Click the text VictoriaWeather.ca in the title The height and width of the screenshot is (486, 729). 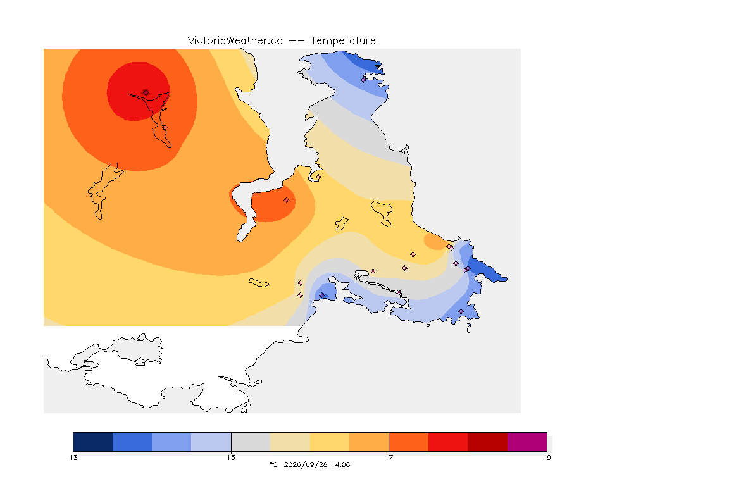click(235, 41)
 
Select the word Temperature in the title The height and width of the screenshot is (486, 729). click(343, 41)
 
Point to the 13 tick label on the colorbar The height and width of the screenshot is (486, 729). click(73, 458)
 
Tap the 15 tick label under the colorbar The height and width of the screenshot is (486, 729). click(231, 458)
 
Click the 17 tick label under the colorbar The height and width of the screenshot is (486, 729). click(389, 458)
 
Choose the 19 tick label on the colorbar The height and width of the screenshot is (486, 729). click(547, 458)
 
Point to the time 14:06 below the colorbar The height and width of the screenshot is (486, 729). click(340, 464)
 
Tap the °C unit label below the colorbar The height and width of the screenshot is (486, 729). click(273, 464)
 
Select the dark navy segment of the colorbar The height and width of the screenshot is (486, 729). click(93, 442)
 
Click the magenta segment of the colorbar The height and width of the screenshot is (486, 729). click(526, 442)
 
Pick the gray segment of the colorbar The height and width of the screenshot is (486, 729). click(251, 442)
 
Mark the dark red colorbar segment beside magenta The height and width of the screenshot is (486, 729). click(487, 442)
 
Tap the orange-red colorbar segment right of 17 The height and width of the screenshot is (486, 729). click(408, 442)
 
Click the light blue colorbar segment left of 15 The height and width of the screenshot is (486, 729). click(211, 442)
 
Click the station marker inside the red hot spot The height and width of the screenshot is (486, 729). click(146, 92)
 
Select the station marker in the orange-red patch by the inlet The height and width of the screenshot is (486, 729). click(287, 201)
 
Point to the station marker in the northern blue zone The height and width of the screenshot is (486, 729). click(364, 80)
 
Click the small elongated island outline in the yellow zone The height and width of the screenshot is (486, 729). click(259, 283)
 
